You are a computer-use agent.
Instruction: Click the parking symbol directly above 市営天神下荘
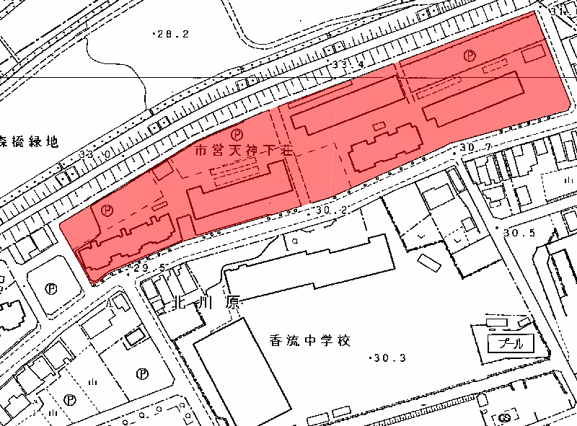[x=237, y=133]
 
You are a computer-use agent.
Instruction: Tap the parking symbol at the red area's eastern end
[x=470, y=54]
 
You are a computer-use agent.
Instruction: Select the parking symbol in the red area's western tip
[x=107, y=210]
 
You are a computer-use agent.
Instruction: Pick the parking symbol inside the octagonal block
[x=51, y=288]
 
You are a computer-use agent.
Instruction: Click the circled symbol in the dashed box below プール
[x=504, y=417]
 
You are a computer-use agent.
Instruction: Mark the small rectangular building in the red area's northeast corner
[x=533, y=52]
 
